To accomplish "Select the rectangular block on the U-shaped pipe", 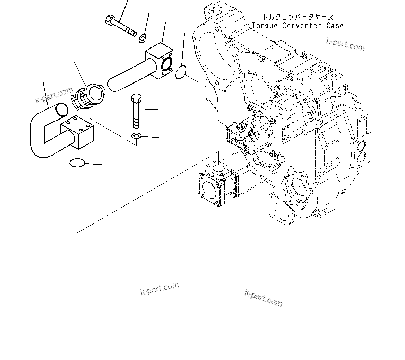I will coord(77,133).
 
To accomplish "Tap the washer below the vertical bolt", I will coord(136,136).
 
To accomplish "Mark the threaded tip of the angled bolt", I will coord(131,33).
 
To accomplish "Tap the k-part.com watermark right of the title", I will coord(345,44).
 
